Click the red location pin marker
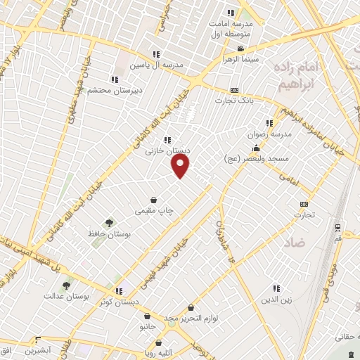(x=181, y=165)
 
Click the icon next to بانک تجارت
(x=234, y=90)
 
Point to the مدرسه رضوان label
(x=264, y=133)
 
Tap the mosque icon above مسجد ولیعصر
(x=256, y=148)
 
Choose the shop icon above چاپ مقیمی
(x=153, y=200)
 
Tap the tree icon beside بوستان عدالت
(x=66, y=285)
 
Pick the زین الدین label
(x=276, y=300)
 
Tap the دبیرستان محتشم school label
(x=113, y=89)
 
